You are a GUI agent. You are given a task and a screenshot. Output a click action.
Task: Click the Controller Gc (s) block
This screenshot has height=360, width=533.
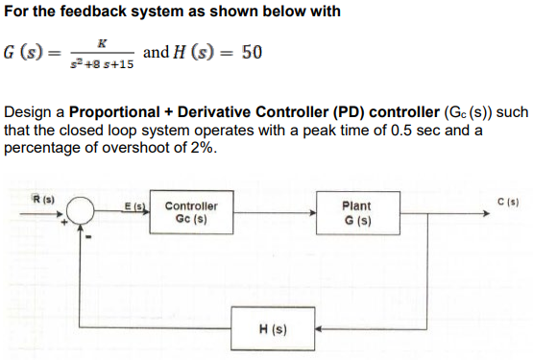click(191, 212)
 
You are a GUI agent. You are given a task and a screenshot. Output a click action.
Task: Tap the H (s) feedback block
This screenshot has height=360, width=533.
click(272, 330)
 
